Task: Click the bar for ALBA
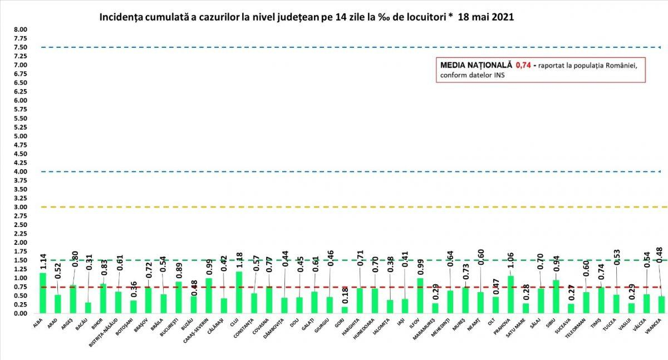coord(43,293)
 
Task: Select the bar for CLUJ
coord(239,293)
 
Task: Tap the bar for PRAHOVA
coord(511,295)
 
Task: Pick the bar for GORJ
coord(345,310)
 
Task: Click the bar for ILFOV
coord(420,296)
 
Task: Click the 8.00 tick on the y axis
coord(21,29)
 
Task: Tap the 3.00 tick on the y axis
coord(21,207)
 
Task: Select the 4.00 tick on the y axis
coord(21,171)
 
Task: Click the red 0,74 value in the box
coord(523,65)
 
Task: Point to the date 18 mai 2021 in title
coord(485,17)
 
